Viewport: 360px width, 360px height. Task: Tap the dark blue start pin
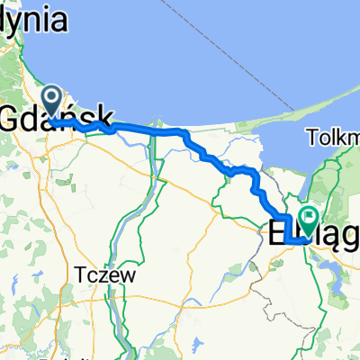[51, 101]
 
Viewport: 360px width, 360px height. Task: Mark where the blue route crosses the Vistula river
[159, 131]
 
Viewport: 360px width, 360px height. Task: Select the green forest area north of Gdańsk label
[18, 72]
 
